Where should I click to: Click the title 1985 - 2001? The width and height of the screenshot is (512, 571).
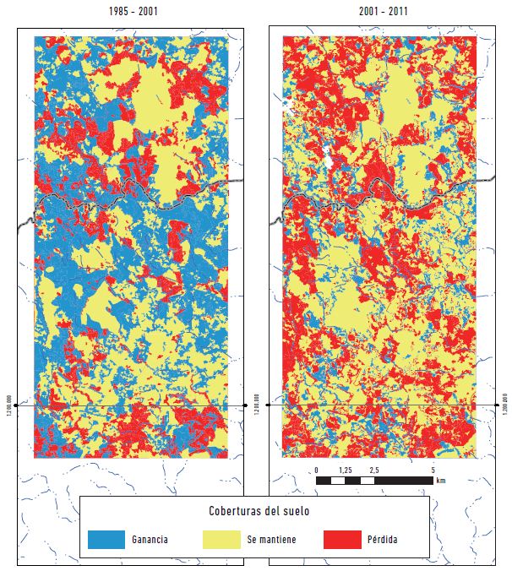[131, 14]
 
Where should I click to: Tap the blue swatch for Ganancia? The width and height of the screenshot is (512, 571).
[106, 539]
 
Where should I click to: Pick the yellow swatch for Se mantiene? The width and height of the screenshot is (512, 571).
[223, 539]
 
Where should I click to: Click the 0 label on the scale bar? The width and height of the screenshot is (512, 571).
[316, 470]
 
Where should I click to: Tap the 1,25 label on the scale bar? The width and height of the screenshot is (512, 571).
[345, 470]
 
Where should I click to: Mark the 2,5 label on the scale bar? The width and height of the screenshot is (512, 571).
[373, 470]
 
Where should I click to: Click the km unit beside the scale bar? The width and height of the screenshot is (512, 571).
[441, 481]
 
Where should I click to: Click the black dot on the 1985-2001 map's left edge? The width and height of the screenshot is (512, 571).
[18, 405]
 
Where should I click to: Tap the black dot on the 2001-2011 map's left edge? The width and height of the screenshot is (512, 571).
[270, 405]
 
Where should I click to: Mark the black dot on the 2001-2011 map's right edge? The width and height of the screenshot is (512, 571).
[496, 405]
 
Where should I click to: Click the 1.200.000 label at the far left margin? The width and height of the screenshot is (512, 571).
[9, 405]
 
